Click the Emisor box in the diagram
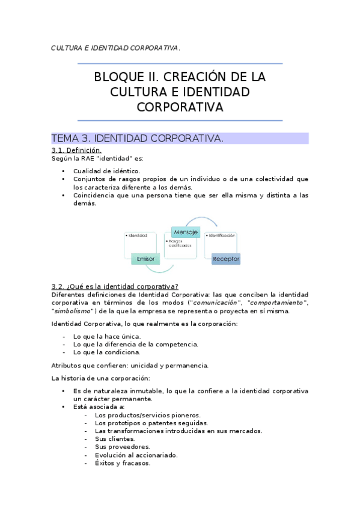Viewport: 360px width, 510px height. pyautogui.click(x=145, y=259)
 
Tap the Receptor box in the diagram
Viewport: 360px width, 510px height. pyautogui.click(x=226, y=259)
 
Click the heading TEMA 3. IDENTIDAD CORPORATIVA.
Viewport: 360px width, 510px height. pyautogui.click(x=138, y=138)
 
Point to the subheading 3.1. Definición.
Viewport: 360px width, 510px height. pyautogui.click(x=76, y=150)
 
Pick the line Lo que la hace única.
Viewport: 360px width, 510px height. pyautogui.click(x=107, y=336)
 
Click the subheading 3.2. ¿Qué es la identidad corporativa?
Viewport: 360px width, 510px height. pyautogui.click(x=115, y=286)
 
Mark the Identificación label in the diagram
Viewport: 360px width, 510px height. pyautogui.click(x=222, y=235)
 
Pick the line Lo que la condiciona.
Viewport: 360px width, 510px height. pyautogui.click(x=107, y=352)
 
